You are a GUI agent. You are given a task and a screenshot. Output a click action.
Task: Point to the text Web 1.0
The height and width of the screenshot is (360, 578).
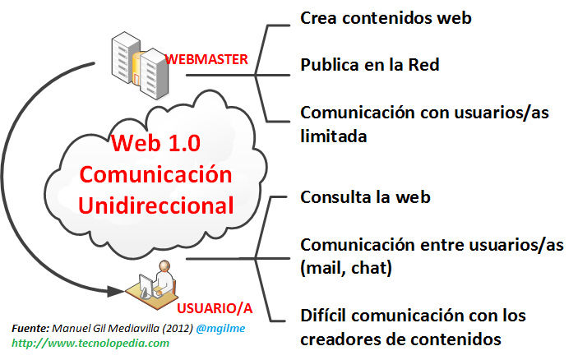click(x=155, y=145)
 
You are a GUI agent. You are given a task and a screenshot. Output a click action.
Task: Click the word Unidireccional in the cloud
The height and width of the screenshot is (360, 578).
click(x=156, y=204)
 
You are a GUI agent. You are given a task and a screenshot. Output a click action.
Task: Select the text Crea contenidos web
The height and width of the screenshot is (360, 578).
click(x=386, y=17)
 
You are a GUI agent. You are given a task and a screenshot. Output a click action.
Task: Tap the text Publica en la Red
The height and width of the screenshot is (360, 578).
click(x=369, y=65)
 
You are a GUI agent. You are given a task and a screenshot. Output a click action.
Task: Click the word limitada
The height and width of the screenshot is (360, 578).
click(x=333, y=135)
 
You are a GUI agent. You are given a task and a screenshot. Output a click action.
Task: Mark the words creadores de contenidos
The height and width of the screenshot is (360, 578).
click(x=401, y=338)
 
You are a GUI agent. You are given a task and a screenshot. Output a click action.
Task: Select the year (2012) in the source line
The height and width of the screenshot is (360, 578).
click(x=178, y=328)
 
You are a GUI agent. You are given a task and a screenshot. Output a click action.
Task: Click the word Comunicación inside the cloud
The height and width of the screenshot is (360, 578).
click(x=156, y=174)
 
